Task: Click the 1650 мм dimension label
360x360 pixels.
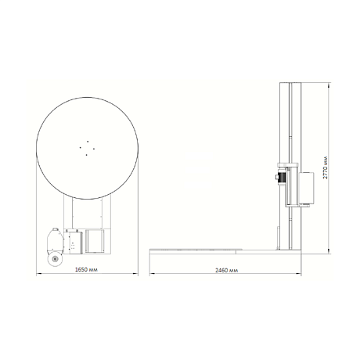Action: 86,269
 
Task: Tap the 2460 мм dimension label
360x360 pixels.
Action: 227,270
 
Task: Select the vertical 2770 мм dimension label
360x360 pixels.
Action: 325,167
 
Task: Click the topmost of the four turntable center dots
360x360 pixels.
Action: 88,141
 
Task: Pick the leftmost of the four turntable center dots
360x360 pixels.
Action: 81,147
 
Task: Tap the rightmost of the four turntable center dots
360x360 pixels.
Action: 94,149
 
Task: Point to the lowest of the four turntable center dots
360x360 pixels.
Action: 86,155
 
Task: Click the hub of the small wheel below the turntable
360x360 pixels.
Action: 55,259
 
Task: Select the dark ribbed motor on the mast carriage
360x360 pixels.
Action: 282,177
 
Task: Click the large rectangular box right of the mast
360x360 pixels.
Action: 307,188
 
